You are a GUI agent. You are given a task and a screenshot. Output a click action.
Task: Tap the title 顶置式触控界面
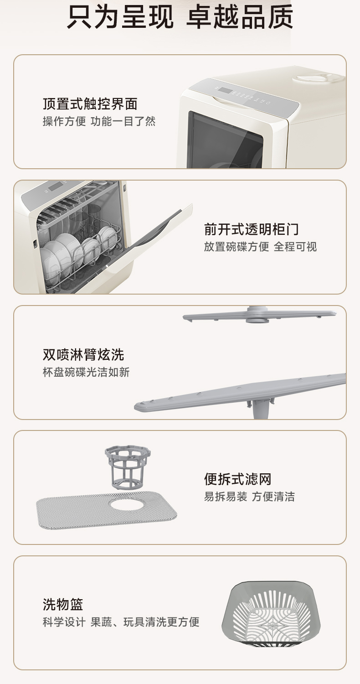click(x=90, y=104)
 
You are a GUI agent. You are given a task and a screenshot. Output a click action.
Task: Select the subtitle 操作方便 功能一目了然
click(x=99, y=121)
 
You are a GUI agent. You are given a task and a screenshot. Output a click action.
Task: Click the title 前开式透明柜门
click(x=252, y=229)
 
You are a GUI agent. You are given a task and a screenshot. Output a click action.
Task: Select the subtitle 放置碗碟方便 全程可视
click(x=260, y=246)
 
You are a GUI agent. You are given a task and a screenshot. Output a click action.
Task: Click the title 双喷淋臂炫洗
click(x=83, y=354)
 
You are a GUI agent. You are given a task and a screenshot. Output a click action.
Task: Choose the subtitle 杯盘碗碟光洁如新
click(x=86, y=372)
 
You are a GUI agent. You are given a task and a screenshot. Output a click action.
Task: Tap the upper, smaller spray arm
click(x=259, y=315)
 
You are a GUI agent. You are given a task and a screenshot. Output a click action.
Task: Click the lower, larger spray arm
click(x=241, y=394)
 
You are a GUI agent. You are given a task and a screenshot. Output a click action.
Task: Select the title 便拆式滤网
click(x=238, y=479)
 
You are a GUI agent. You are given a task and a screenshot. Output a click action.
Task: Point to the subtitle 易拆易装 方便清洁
click(x=249, y=497)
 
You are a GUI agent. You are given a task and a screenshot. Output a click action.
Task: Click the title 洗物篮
click(x=63, y=604)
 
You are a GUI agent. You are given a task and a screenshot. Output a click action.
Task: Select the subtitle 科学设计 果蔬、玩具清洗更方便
click(x=121, y=622)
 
